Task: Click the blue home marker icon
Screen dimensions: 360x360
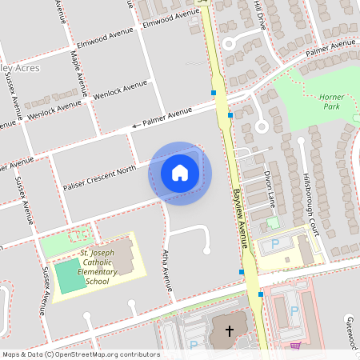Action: point(180,173)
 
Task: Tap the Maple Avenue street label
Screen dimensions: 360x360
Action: point(79,73)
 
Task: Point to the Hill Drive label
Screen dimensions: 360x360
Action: point(258,14)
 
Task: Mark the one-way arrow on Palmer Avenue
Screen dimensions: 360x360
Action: point(135,125)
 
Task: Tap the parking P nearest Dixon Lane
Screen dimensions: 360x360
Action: point(276,242)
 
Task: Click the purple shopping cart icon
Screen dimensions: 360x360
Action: point(295,346)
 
